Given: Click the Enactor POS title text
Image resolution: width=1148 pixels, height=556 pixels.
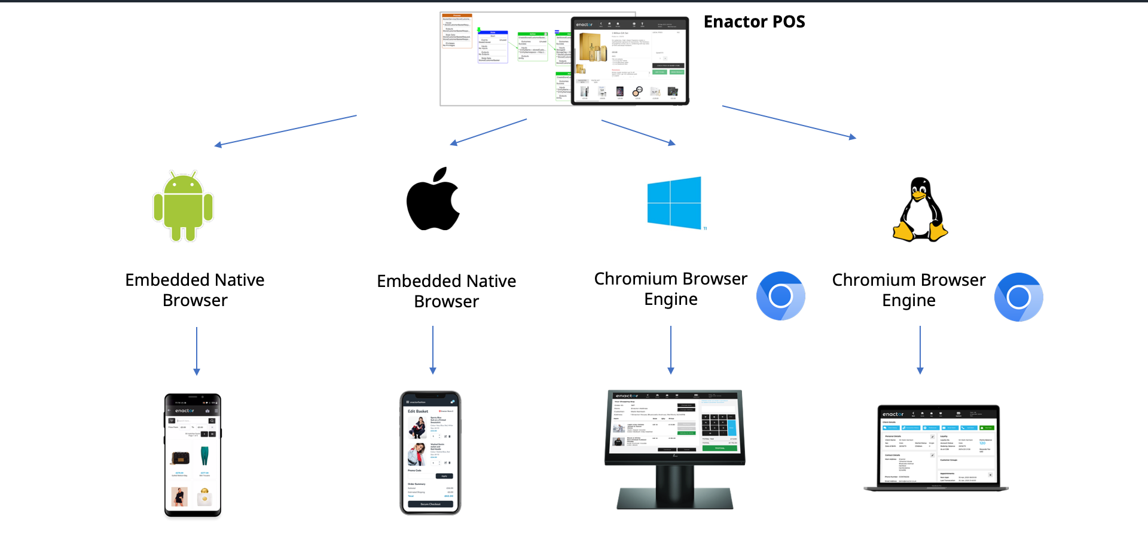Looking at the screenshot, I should (754, 22).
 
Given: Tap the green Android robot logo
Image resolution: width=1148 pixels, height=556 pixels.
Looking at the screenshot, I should (183, 207).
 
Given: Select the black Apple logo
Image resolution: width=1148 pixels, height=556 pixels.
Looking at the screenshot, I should (433, 200).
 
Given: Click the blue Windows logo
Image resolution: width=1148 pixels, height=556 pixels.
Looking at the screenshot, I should (674, 203).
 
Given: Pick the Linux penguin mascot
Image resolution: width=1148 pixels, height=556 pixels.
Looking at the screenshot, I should (920, 210).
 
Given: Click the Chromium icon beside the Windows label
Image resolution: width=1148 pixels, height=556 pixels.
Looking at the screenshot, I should (780, 296).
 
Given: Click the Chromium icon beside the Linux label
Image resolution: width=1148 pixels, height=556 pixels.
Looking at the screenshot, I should (1018, 297).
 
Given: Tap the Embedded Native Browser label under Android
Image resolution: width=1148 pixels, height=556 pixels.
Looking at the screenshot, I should (195, 290).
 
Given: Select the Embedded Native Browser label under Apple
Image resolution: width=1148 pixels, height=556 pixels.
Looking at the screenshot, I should (447, 291).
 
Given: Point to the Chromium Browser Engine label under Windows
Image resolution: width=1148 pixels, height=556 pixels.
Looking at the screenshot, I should (671, 289).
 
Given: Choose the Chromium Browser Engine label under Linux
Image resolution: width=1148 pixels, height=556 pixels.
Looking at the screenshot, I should (909, 290).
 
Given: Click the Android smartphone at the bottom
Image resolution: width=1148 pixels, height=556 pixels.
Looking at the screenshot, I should (193, 455).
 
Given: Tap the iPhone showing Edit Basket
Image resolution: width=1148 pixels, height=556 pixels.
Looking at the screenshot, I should (430, 453).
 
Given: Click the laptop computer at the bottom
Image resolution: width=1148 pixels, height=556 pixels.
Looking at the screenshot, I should (937, 448).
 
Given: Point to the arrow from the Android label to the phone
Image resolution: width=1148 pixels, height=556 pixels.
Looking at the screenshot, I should (197, 351).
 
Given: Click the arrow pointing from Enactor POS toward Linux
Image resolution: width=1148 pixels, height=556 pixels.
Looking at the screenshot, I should (789, 122).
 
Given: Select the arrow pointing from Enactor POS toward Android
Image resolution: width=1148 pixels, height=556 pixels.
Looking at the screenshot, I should (286, 130).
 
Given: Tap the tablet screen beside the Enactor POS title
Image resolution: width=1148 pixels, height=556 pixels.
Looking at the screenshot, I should (630, 60).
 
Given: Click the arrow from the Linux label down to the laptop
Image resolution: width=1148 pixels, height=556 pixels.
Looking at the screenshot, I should (920, 350).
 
